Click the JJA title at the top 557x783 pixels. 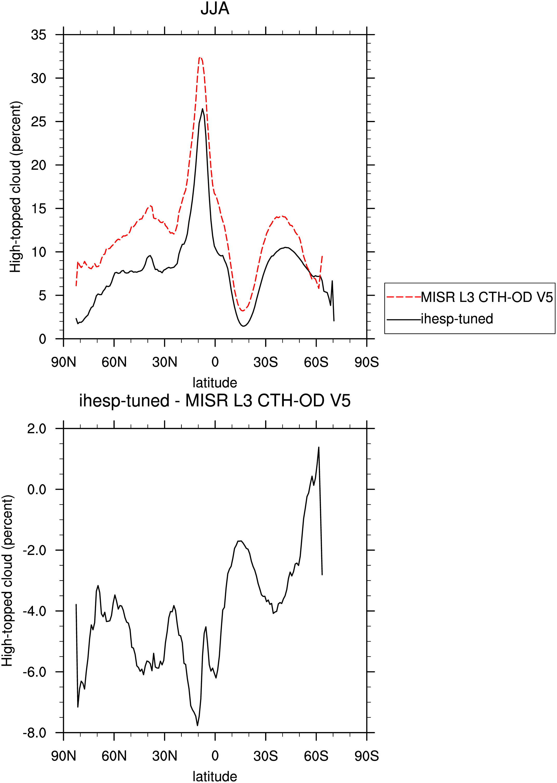click(215, 8)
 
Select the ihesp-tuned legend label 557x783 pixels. click(457, 319)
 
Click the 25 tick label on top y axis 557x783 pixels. click(38, 121)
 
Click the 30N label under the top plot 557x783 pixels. click(165, 362)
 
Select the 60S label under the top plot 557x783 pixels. click(316, 362)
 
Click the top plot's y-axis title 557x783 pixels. click(15, 187)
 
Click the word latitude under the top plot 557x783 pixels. click(215, 383)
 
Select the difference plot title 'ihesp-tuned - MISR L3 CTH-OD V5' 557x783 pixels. click(215, 401)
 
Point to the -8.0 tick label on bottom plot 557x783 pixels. click(34, 733)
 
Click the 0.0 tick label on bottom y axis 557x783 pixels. click(37, 489)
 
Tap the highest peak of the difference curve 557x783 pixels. click(319, 448)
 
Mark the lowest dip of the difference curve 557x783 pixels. click(198, 725)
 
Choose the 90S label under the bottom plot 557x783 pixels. click(367, 756)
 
